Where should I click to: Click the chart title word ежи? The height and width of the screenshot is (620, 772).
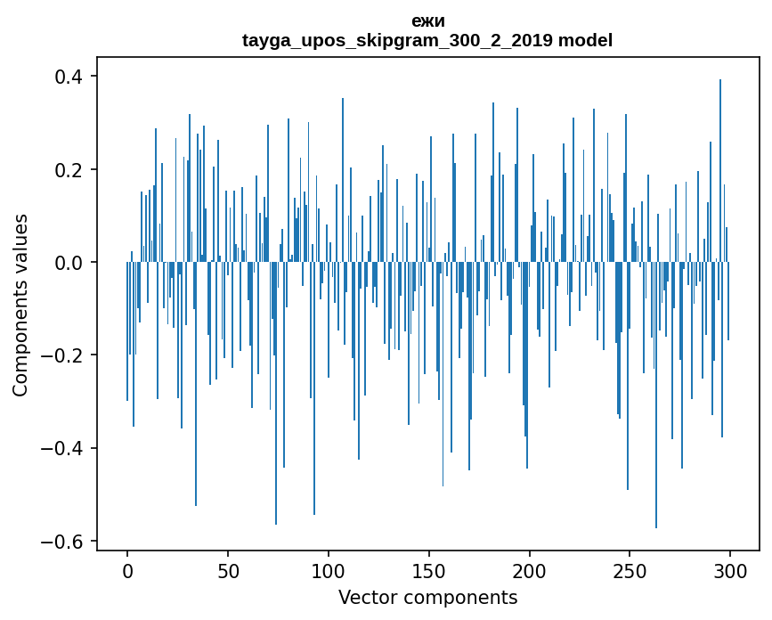coord(428,20)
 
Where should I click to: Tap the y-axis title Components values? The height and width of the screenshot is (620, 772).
coord(20,305)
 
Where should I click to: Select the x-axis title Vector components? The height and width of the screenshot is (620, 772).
coord(427,597)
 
